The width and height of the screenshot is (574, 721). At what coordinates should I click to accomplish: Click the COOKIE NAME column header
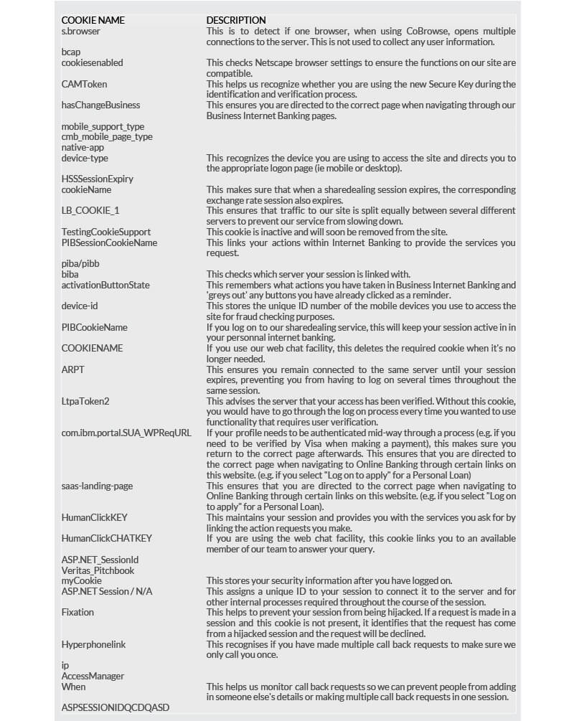(92, 20)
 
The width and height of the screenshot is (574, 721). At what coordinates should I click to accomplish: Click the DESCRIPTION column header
(236, 20)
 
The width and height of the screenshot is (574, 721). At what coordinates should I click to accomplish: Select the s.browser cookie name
(81, 31)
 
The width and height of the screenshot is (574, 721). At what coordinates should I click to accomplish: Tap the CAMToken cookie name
(84, 84)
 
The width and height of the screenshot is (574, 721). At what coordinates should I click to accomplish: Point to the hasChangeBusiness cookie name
(100, 105)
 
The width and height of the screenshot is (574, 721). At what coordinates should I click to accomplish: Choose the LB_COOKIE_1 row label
(90, 210)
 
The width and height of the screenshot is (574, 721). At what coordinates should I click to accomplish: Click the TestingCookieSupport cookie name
(105, 232)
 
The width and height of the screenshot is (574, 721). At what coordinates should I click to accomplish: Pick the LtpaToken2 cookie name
(85, 401)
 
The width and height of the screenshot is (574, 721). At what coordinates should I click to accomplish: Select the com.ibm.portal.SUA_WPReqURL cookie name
(126, 433)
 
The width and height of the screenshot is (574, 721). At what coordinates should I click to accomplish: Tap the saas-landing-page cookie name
(97, 486)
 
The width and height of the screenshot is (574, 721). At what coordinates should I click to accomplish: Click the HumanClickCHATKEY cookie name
(107, 538)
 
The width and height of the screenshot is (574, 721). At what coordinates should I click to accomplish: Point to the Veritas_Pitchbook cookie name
(98, 570)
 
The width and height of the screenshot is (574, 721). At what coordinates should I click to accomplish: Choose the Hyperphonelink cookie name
(93, 644)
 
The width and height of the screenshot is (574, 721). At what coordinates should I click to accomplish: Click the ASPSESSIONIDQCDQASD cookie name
(116, 707)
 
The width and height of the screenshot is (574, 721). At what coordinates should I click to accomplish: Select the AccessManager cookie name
(93, 676)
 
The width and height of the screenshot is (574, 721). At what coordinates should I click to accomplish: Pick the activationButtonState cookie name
(105, 285)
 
